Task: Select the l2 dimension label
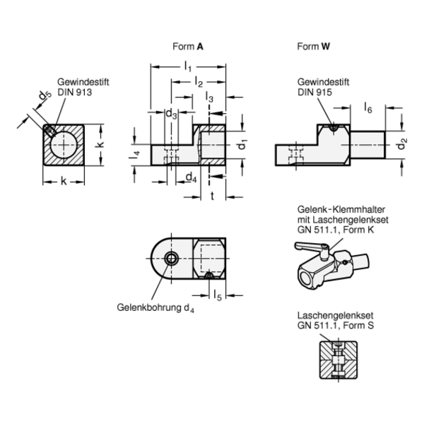(199, 83)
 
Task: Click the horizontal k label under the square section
(64, 182)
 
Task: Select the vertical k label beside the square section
(101, 144)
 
